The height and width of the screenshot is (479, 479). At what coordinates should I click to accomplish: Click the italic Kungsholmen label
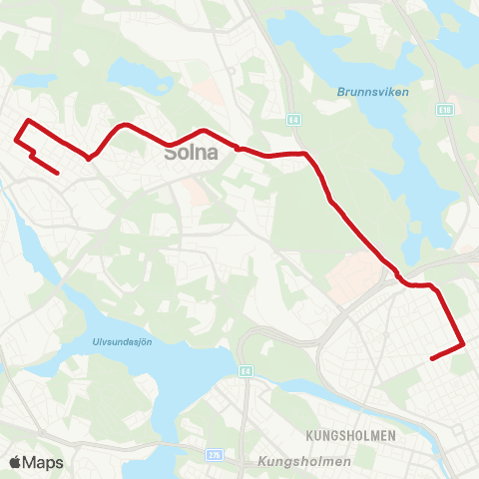click(304, 461)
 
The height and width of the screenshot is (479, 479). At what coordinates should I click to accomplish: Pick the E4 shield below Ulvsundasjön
click(244, 372)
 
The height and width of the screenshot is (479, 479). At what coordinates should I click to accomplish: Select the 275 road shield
click(214, 456)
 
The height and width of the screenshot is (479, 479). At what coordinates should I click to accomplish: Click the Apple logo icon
click(15, 462)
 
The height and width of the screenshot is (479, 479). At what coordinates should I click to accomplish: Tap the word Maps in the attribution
click(43, 462)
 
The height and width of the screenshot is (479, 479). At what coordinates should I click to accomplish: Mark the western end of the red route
click(58, 174)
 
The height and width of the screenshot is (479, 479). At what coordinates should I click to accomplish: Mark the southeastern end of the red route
click(430, 358)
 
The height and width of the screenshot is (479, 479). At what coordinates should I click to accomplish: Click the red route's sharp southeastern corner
click(464, 345)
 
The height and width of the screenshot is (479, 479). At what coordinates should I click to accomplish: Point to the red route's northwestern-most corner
click(27, 121)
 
